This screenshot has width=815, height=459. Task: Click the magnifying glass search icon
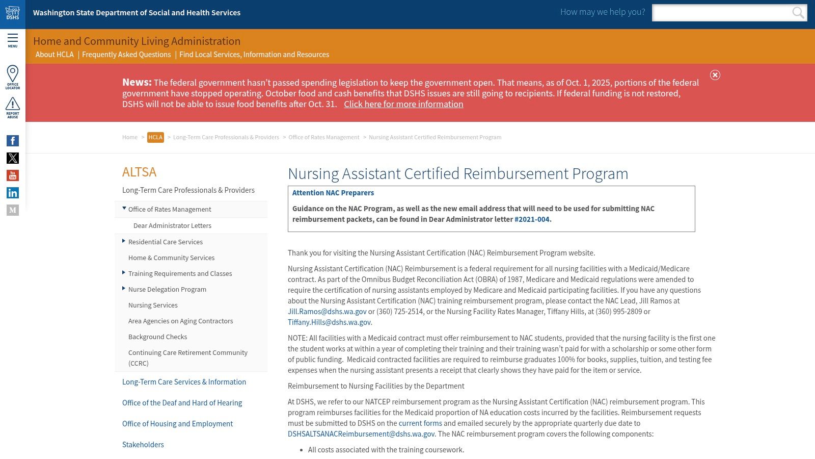(798, 13)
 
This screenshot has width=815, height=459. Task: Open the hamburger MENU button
(12, 40)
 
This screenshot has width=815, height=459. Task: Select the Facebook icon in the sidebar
(13, 141)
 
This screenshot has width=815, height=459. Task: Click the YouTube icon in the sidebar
(13, 175)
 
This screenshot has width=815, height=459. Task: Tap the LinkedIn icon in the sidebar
(13, 193)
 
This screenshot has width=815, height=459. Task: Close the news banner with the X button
(715, 75)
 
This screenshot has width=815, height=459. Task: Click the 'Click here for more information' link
(403, 104)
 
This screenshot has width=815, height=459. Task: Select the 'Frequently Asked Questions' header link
(126, 55)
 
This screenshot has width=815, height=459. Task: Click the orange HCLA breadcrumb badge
(155, 137)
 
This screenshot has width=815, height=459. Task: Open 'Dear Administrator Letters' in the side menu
(172, 225)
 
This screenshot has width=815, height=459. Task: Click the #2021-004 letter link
(532, 219)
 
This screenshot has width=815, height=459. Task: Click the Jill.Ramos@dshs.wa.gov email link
(327, 312)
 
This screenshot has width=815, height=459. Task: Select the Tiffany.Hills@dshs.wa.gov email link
(329, 322)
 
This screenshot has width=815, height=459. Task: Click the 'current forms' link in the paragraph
(420, 423)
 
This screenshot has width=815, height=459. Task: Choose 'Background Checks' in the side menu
(157, 337)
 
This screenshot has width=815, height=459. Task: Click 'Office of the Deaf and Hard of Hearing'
(182, 403)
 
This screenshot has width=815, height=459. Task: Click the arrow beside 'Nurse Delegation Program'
(124, 289)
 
